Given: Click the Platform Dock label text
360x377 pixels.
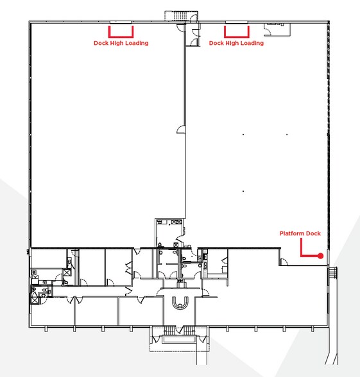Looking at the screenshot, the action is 300,233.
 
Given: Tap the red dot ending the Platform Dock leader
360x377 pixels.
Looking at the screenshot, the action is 320,256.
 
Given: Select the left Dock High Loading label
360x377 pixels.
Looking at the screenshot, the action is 121,44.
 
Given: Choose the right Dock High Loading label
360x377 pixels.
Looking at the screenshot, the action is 236,44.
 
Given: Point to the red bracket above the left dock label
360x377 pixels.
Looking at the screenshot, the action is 121,37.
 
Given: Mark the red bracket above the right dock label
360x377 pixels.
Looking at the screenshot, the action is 237,37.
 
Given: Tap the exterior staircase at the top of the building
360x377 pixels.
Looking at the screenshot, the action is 180,16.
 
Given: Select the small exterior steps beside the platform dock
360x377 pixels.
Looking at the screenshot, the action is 333,272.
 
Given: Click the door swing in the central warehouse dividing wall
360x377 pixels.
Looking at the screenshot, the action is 181,130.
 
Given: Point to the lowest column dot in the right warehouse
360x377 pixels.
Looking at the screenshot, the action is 243,191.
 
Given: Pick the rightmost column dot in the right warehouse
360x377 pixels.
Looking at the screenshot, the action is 287,135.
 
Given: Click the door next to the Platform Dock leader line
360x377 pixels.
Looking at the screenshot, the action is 284,262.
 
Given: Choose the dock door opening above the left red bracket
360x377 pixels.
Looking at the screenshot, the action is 121,22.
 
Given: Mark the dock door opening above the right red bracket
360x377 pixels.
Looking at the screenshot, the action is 237,22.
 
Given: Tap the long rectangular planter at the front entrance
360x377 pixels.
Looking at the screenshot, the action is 178,339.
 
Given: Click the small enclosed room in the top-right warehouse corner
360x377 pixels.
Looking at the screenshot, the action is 277,29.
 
